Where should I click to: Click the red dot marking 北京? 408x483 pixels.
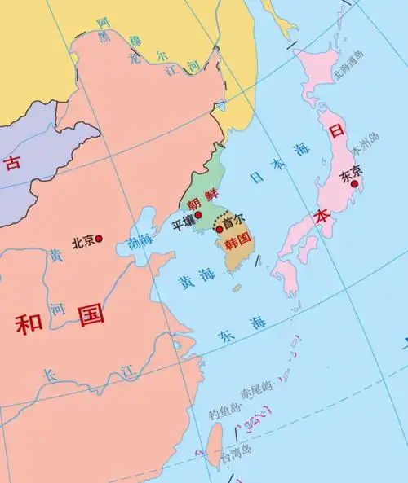[x=100, y=239]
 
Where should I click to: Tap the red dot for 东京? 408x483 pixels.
[x=354, y=184]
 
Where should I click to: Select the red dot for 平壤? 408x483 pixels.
[x=197, y=214]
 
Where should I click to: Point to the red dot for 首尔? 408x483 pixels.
[x=219, y=230]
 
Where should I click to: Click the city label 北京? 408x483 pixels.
[x=83, y=241]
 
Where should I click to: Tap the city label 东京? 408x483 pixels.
[x=351, y=172]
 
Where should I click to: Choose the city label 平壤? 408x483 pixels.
[x=182, y=222]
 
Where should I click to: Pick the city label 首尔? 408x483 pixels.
[x=233, y=229]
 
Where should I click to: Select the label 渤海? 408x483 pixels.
[x=140, y=242]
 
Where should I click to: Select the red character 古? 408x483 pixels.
[x=11, y=163]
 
